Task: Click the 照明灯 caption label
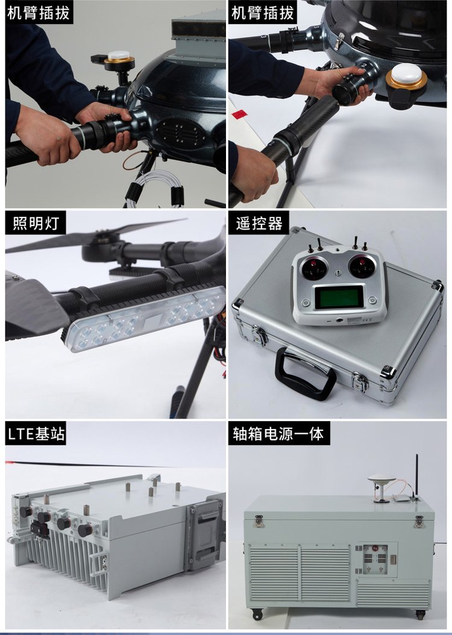point(36,223)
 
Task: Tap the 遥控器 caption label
point(259,223)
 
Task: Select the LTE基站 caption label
point(36,433)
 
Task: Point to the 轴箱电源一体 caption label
point(278,433)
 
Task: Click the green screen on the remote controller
point(339,297)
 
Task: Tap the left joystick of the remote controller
point(313,267)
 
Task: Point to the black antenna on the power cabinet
point(416,476)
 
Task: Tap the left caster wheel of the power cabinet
point(257,615)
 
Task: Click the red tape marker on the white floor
point(239,114)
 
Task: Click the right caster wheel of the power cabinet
point(420,615)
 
